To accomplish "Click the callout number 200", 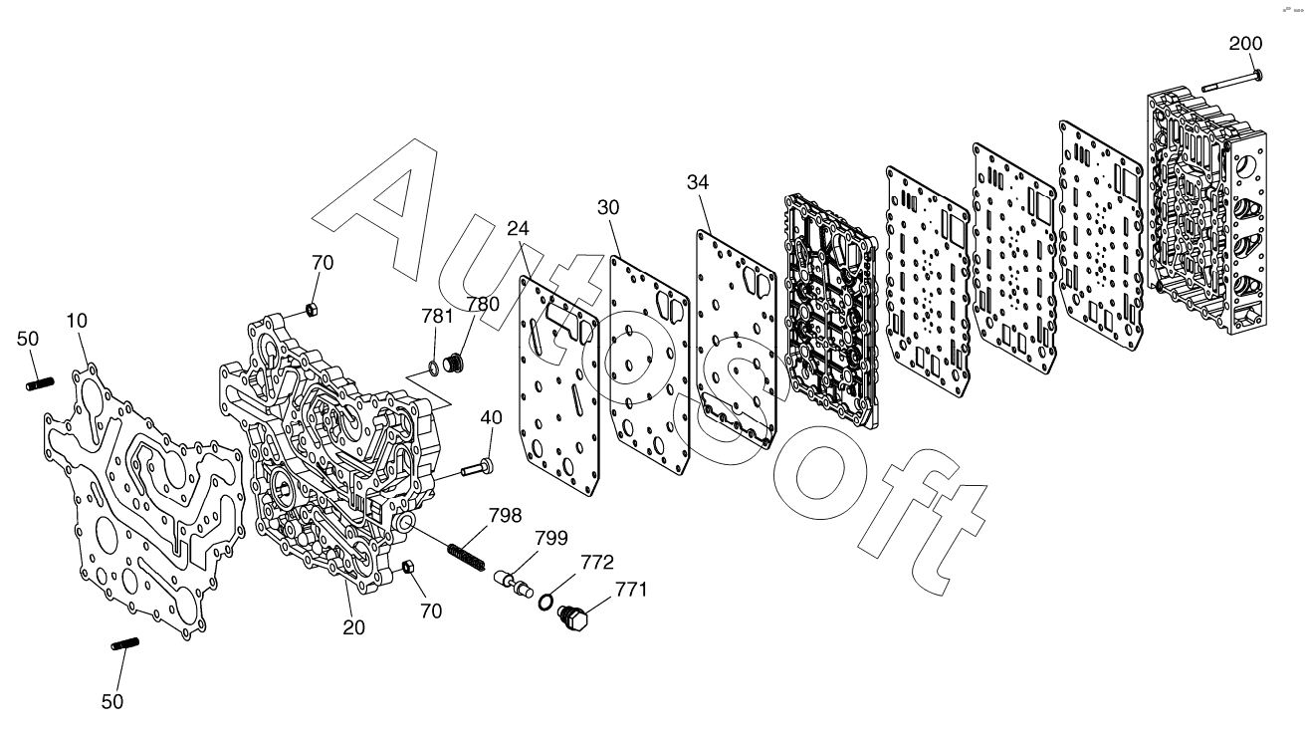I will pyautogui.click(x=1245, y=44).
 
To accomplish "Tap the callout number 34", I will pyautogui.click(x=700, y=182).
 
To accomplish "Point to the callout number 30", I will pyautogui.click(x=609, y=206).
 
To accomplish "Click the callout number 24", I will pyautogui.click(x=518, y=228).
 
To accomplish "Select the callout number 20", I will pyautogui.click(x=354, y=627).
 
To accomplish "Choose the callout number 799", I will pyautogui.click(x=551, y=539).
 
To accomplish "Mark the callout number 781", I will pyautogui.click(x=437, y=317).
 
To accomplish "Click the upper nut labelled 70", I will pyautogui.click(x=310, y=310).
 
